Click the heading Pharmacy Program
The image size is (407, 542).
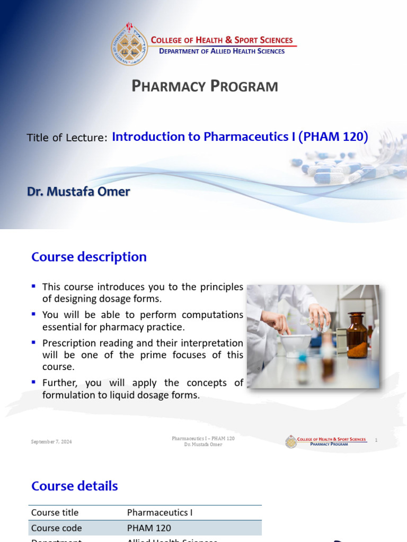point(205,86)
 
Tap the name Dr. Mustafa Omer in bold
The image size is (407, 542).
point(78,192)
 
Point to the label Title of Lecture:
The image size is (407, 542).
point(67,138)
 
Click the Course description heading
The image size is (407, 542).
point(89,257)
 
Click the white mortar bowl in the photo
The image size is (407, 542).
point(296,345)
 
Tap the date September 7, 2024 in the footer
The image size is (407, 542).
point(51,441)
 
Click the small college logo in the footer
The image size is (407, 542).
point(291,441)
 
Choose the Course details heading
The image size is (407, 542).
point(75,486)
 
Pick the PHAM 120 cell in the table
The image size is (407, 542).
point(149,528)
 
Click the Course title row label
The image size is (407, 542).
point(55,512)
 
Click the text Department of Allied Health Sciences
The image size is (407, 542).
point(222,51)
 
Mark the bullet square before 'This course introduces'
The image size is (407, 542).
point(34,286)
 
